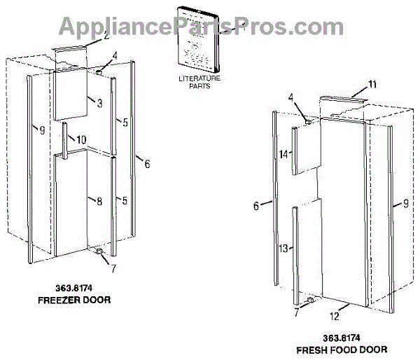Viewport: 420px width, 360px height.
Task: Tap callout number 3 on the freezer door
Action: click(99, 104)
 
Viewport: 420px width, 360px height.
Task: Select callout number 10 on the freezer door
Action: click(82, 139)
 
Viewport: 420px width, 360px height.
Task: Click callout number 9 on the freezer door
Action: click(42, 130)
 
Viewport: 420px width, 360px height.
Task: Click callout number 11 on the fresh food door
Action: click(372, 85)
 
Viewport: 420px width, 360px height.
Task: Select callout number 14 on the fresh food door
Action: click(283, 154)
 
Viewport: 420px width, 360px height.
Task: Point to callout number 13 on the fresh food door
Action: click(283, 249)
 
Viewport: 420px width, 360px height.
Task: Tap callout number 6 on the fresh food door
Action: click(256, 205)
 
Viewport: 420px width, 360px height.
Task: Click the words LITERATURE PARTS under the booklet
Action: click(199, 83)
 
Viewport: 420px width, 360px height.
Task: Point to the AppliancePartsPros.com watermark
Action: click(210, 27)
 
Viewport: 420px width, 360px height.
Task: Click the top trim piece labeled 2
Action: click(69, 55)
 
